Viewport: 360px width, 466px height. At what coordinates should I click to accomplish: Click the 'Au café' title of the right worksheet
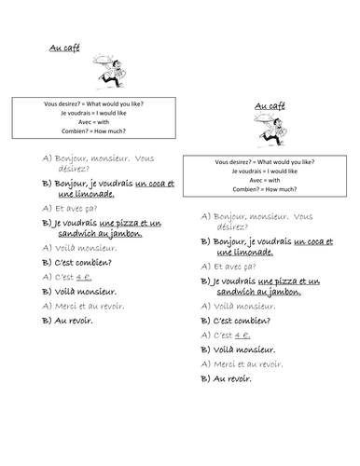coord(267,105)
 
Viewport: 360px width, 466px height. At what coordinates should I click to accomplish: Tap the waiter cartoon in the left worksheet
coord(109,71)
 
